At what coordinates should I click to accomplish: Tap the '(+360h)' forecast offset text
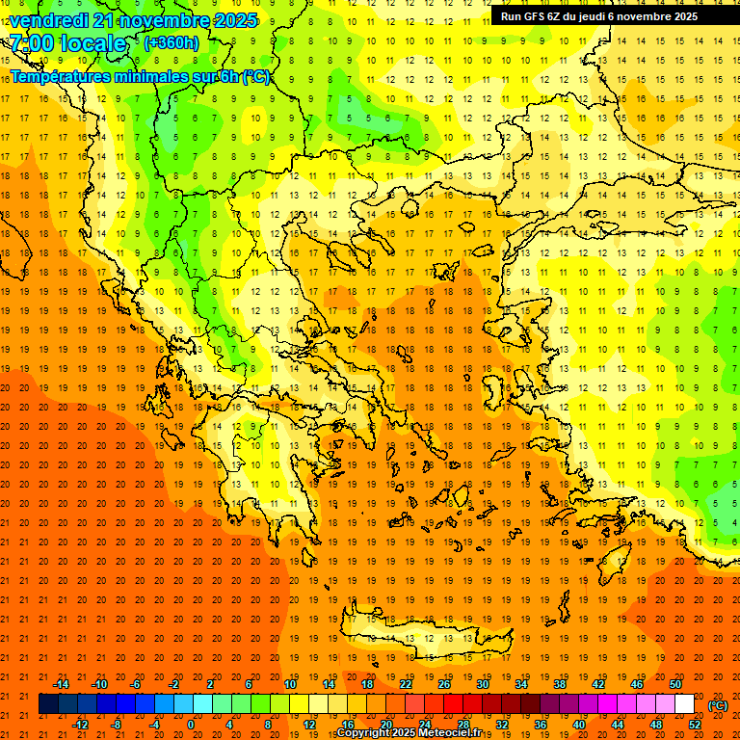coord(172,42)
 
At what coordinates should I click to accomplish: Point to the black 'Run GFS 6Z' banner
coord(606,16)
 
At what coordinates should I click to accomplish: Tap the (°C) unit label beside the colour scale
coord(718,705)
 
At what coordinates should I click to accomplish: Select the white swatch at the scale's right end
coord(685,704)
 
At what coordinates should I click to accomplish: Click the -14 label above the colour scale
coord(61,684)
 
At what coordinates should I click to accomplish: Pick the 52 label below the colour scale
coord(695,725)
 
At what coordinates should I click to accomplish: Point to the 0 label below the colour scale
coord(191,725)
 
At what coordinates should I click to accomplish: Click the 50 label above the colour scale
coord(675,684)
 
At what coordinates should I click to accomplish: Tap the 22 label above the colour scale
coord(406,684)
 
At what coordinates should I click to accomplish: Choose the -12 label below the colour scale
coord(80,725)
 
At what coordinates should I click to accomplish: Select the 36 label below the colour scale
coord(541,725)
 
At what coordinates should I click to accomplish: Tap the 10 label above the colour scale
coord(290,684)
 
